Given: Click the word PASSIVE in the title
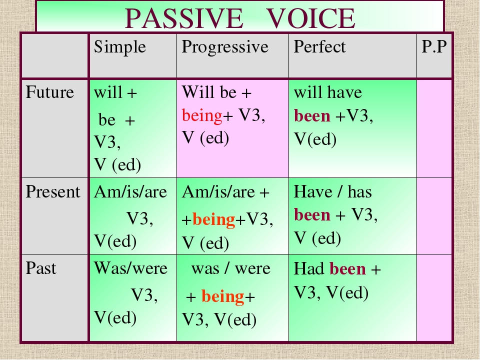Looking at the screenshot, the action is point(184,18).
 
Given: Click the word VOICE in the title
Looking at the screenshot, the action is point(311,18).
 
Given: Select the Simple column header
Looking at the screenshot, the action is point(119,47).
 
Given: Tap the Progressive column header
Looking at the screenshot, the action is point(225,47).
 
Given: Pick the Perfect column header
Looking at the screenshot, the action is point(319,47).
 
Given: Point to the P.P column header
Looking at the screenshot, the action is point(434,47).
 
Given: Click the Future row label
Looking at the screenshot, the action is point(49,92).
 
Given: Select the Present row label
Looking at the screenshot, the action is point(52,192).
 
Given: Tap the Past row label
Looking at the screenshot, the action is point(40,268).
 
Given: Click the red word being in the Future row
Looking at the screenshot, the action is point(202,115).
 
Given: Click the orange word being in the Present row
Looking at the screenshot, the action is point(213,220).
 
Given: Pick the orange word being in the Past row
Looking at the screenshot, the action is point(222,297).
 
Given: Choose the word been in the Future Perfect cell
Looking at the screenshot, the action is point(312,116).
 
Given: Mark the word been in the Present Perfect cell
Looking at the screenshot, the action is point(312,215).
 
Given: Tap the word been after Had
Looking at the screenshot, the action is point(348,269).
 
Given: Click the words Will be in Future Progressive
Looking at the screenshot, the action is point(209,92).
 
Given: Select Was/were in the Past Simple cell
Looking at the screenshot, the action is point(130,268).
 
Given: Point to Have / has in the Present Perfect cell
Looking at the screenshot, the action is point(333,192).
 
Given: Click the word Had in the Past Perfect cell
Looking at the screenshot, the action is point(309,269).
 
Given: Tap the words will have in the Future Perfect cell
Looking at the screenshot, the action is point(328,92).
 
